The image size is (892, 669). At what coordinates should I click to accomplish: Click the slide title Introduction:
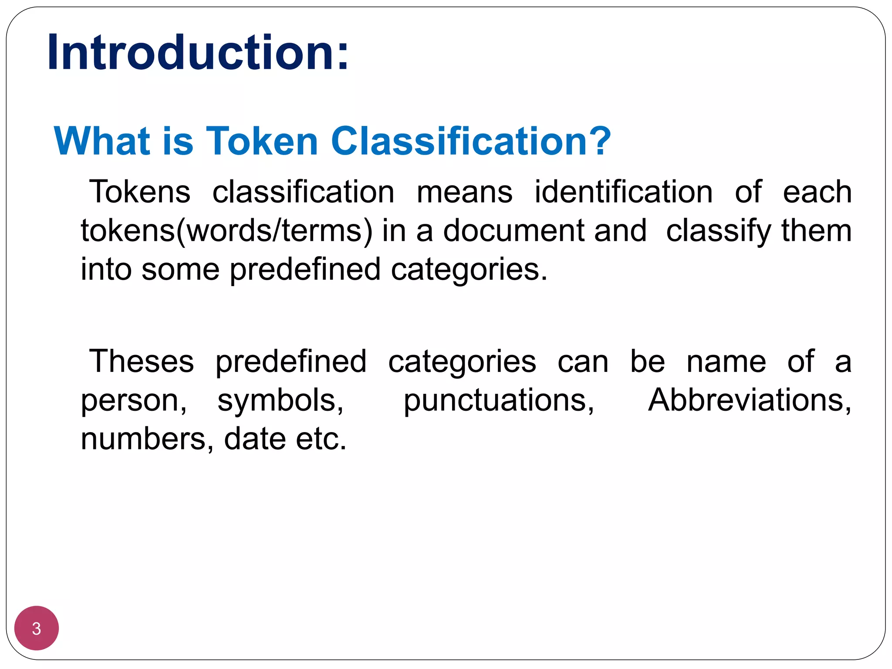[x=198, y=52]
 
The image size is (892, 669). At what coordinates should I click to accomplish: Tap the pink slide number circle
[x=37, y=628]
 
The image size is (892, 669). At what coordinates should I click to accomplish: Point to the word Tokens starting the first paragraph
[x=140, y=192]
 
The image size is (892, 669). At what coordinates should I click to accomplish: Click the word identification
[x=623, y=192]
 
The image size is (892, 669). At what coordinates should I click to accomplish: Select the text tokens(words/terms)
[x=226, y=231]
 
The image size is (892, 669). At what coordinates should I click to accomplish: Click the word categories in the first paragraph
[x=469, y=270]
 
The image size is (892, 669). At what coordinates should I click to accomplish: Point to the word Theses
[x=142, y=362]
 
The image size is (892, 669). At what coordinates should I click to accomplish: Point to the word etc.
[x=321, y=439]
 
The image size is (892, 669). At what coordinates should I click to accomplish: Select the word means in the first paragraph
[x=464, y=193]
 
